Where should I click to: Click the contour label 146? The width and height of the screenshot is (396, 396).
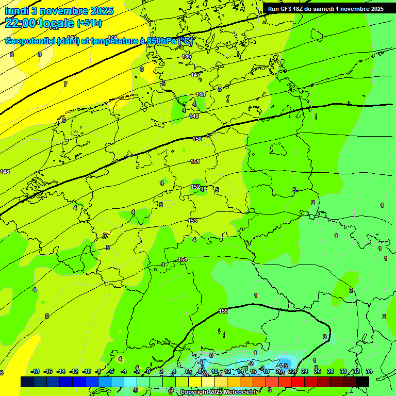187,56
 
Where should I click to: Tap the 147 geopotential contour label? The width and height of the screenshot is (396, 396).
195,75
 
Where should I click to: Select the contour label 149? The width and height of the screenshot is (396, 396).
194,116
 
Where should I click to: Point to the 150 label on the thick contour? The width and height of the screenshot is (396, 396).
197,139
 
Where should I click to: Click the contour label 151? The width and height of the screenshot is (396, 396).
195,161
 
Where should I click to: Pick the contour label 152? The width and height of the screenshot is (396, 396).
195,187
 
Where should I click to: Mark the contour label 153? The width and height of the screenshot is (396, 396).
192,221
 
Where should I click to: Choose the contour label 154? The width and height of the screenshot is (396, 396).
183,259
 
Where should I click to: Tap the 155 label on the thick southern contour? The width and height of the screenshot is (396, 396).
223,311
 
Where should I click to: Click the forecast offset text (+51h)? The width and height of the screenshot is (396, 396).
89,23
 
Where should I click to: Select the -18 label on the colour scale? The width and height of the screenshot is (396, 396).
36,371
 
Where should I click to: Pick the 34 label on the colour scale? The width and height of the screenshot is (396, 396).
369,371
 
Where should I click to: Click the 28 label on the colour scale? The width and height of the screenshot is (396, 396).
331,371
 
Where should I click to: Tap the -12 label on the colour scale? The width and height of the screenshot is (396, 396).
74,371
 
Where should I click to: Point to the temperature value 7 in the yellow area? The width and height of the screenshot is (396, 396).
65,84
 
